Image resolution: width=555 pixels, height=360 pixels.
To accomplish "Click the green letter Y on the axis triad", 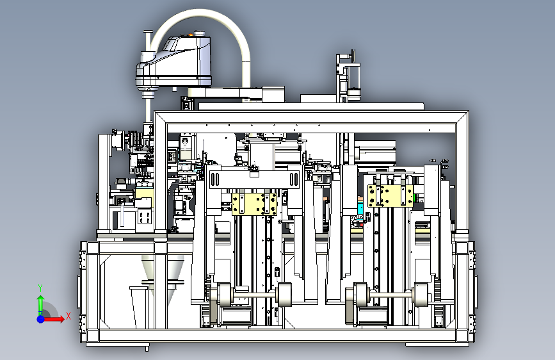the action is tap(40, 288).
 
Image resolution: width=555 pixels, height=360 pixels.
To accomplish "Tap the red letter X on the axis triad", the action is tap(68, 316).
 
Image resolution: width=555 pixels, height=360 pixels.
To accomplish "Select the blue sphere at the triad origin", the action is tap(41, 319).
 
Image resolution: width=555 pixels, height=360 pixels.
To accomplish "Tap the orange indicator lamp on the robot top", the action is tap(190, 35).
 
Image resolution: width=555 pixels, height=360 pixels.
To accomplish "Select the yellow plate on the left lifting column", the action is tap(254, 204).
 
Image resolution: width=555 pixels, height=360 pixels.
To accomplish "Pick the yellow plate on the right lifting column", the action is tap(390, 195).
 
